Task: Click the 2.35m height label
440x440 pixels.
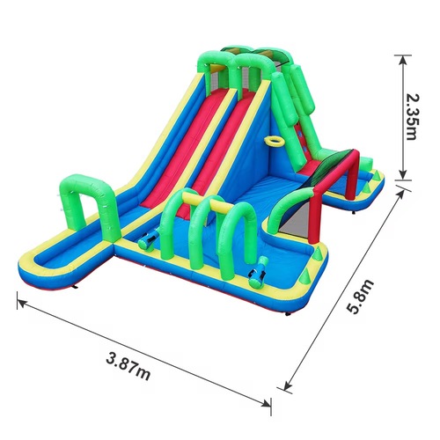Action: coord(411,117)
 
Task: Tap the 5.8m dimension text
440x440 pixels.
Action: coord(360,297)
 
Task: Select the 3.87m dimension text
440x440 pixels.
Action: coord(128,366)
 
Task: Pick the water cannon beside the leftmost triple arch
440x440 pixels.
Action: coord(149,239)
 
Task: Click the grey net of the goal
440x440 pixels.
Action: coord(295,218)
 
